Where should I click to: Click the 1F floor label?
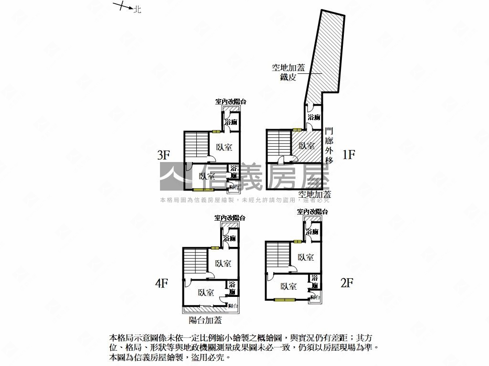click(349, 154)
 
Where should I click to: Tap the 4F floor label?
click(161, 284)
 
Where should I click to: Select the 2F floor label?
click(346, 283)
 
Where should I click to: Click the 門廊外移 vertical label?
click(329, 145)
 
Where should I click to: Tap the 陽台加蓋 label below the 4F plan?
click(205, 320)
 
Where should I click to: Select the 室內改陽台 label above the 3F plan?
click(231, 102)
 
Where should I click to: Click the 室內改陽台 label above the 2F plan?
click(312, 211)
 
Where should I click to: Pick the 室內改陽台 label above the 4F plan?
click(230, 217)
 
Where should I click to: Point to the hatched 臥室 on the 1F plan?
click(307, 146)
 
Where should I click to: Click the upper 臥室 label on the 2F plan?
click(306, 257)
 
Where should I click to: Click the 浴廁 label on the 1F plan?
click(314, 117)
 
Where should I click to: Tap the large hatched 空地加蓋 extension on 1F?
click(325, 52)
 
